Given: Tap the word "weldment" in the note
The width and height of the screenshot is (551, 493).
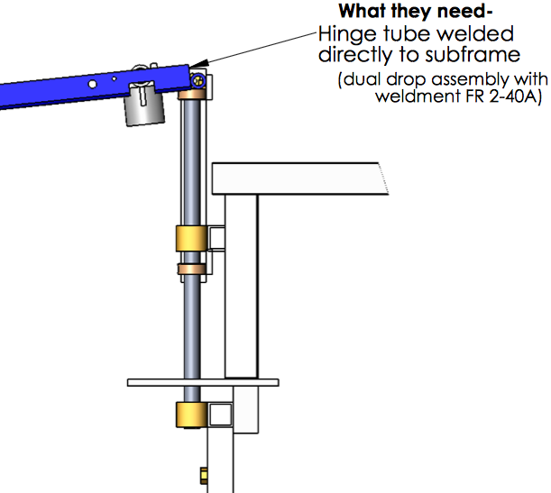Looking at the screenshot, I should [x=414, y=96].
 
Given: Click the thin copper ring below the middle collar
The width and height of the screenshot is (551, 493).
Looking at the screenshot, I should [x=190, y=269].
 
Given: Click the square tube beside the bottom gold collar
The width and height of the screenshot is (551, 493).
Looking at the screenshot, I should [x=220, y=415].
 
